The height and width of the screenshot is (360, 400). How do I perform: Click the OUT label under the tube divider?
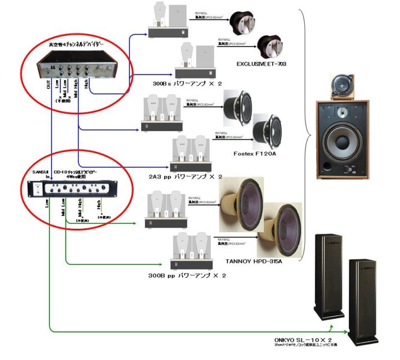[x=48, y=84]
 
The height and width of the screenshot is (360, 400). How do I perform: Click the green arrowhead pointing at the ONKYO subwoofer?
[x=347, y=332]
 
